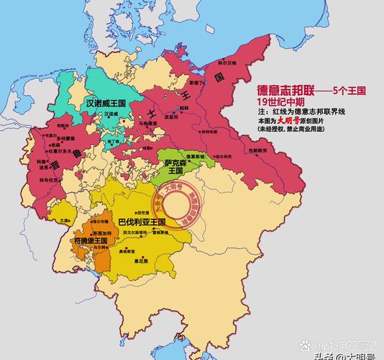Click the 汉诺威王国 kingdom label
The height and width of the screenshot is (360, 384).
coord(106,103)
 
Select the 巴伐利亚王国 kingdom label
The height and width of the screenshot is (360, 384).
coord(142,222)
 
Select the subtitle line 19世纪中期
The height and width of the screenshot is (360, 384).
coord(283,102)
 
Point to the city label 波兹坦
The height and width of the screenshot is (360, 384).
coord(171,116)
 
